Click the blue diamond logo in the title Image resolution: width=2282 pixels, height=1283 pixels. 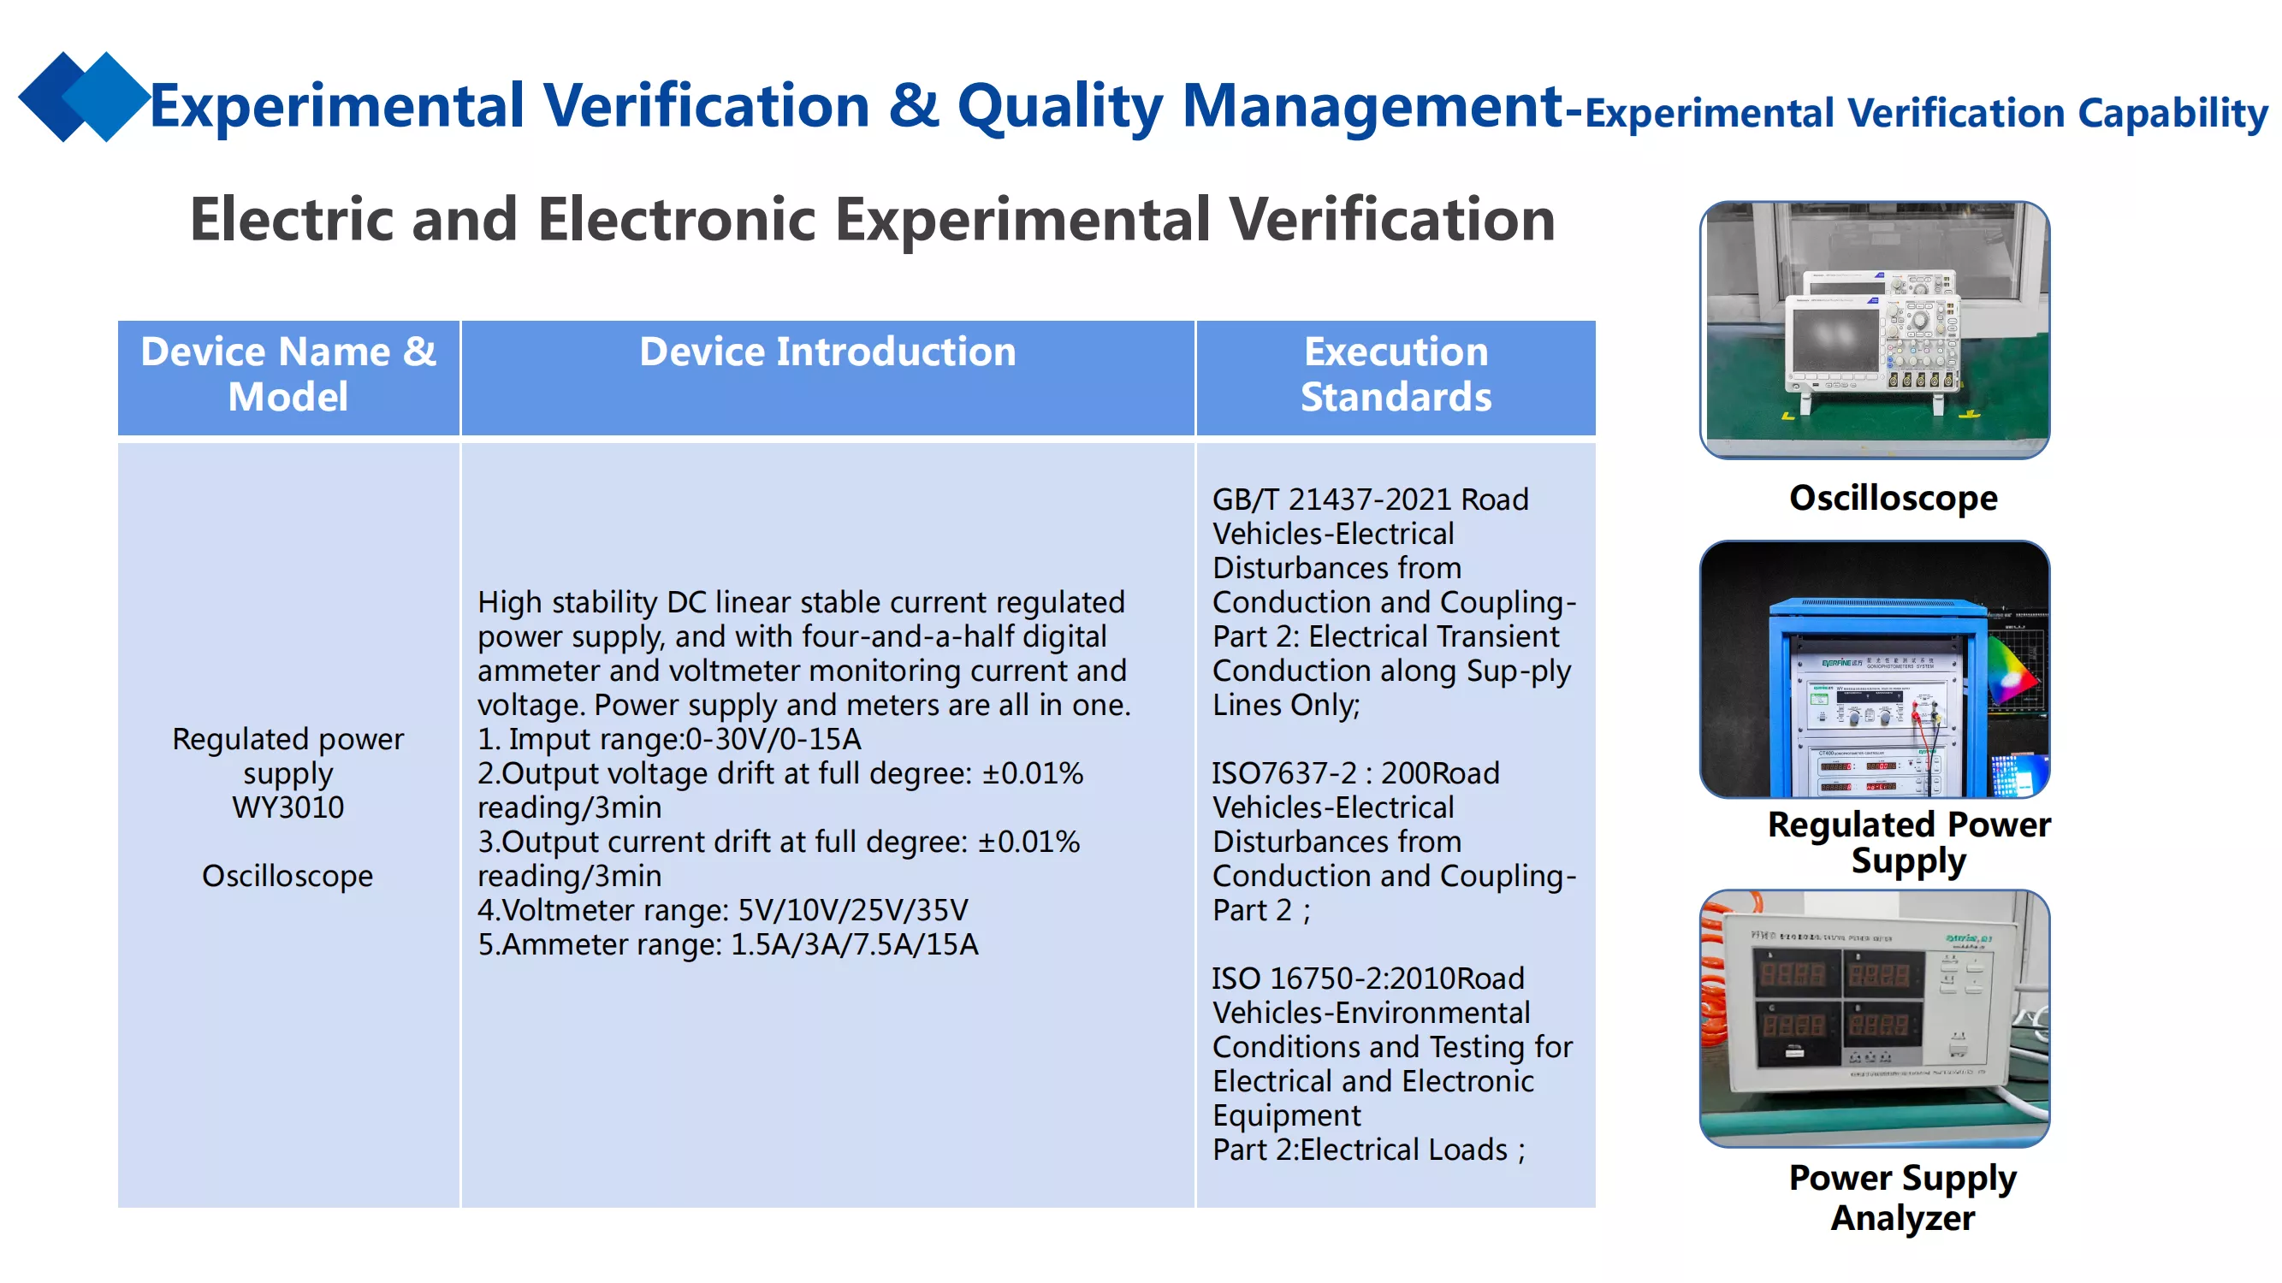pos(84,97)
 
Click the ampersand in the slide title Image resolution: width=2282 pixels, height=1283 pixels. pos(913,105)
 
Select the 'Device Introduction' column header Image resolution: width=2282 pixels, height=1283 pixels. pos(827,352)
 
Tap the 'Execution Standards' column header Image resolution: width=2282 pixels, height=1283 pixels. pos(1396,374)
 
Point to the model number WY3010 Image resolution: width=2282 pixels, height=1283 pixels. pos(287,807)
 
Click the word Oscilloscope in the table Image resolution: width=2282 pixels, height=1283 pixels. pos(287,876)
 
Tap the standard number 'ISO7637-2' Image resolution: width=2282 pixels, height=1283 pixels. pos(1283,773)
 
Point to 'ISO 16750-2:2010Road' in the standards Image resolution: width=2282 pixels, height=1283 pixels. pos(1368,979)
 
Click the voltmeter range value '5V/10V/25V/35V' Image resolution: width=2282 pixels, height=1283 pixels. pos(853,910)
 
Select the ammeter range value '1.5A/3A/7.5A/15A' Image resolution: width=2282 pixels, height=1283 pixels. pos(854,945)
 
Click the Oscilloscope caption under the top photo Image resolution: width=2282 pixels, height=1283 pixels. pos(1893,499)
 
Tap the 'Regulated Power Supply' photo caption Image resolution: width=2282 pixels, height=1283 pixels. pos(1909,842)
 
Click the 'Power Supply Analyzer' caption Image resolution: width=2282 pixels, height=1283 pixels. pos(1903,1197)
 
